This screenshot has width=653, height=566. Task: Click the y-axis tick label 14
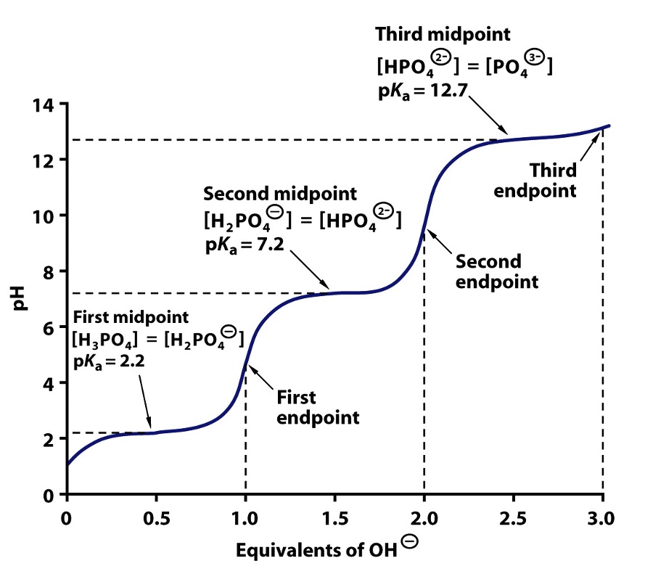pos(41,104)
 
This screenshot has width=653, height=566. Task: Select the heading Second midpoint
pos(280,194)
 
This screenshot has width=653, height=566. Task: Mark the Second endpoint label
pos(497,271)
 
